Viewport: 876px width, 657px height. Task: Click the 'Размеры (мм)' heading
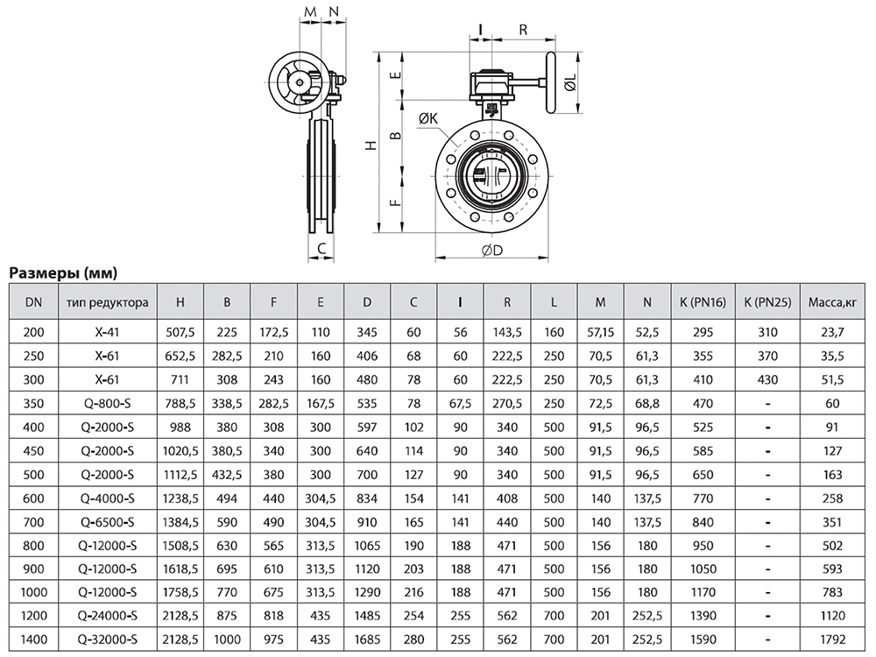click(x=63, y=272)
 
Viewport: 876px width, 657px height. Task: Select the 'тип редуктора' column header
click(x=107, y=302)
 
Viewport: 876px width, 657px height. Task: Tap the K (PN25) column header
click(x=767, y=302)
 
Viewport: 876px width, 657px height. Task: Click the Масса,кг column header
click(x=832, y=302)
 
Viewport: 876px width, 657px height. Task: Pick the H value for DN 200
click(x=180, y=332)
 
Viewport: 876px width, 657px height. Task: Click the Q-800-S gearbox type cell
click(x=107, y=403)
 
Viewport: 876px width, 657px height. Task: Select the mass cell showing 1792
click(x=832, y=639)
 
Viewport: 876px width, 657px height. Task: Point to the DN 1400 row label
click(x=33, y=639)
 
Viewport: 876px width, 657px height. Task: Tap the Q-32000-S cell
click(x=107, y=639)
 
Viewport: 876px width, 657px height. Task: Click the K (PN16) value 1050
click(x=703, y=569)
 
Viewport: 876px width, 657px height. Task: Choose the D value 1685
click(x=367, y=639)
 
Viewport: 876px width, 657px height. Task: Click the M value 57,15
click(x=601, y=332)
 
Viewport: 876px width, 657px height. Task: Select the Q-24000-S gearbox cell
click(x=107, y=616)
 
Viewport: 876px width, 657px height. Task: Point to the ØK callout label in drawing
click(x=428, y=118)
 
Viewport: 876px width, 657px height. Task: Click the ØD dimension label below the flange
click(x=492, y=250)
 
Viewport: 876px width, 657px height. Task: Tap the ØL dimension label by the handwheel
click(x=570, y=84)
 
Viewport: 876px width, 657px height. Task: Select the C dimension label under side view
click(x=321, y=249)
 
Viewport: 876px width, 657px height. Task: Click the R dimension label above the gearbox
click(x=523, y=30)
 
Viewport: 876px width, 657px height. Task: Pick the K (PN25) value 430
click(x=767, y=380)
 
